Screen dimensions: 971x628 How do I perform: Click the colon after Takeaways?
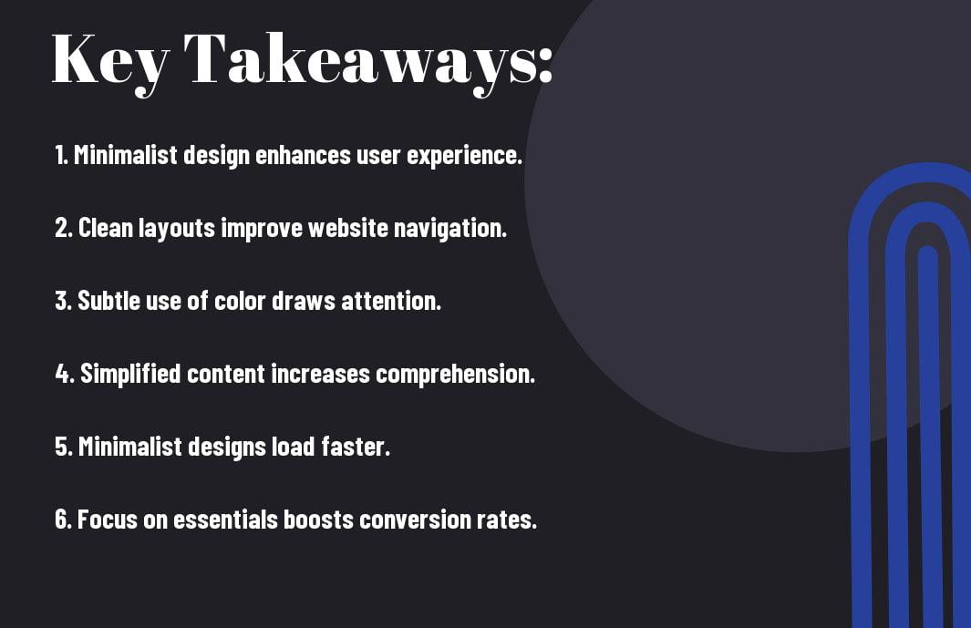click(545, 65)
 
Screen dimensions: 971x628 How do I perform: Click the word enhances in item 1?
click(303, 155)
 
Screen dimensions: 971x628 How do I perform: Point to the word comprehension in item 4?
click(455, 375)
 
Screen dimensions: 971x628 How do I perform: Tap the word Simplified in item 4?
click(130, 375)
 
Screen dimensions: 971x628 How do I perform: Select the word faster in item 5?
click(356, 447)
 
